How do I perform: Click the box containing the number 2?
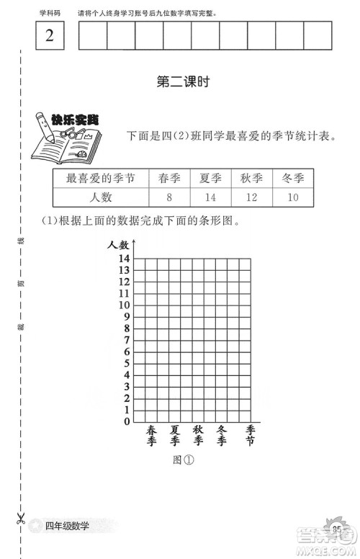click(x=50, y=36)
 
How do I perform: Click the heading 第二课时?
click(x=182, y=83)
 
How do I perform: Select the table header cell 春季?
click(x=169, y=179)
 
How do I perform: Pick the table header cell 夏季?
click(x=210, y=179)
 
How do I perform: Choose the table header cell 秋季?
click(x=251, y=179)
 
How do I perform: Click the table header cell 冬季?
click(x=293, y=179)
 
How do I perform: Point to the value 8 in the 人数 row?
click(x=169, y=197)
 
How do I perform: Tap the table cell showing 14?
click(x=210, y=197)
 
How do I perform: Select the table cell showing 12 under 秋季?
click(x=251, y=197)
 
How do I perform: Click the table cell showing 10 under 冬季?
click(x=293, y=197)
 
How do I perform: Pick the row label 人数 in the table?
click(x=100, y=197)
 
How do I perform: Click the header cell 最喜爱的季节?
click(x=100, y=179)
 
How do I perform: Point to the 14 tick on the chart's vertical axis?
click(x=123, y=258)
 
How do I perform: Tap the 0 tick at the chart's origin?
click(x=126, y=421)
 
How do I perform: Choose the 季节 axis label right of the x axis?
click(x=250, y=434)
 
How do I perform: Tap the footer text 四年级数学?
click(x=67, y=527)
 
